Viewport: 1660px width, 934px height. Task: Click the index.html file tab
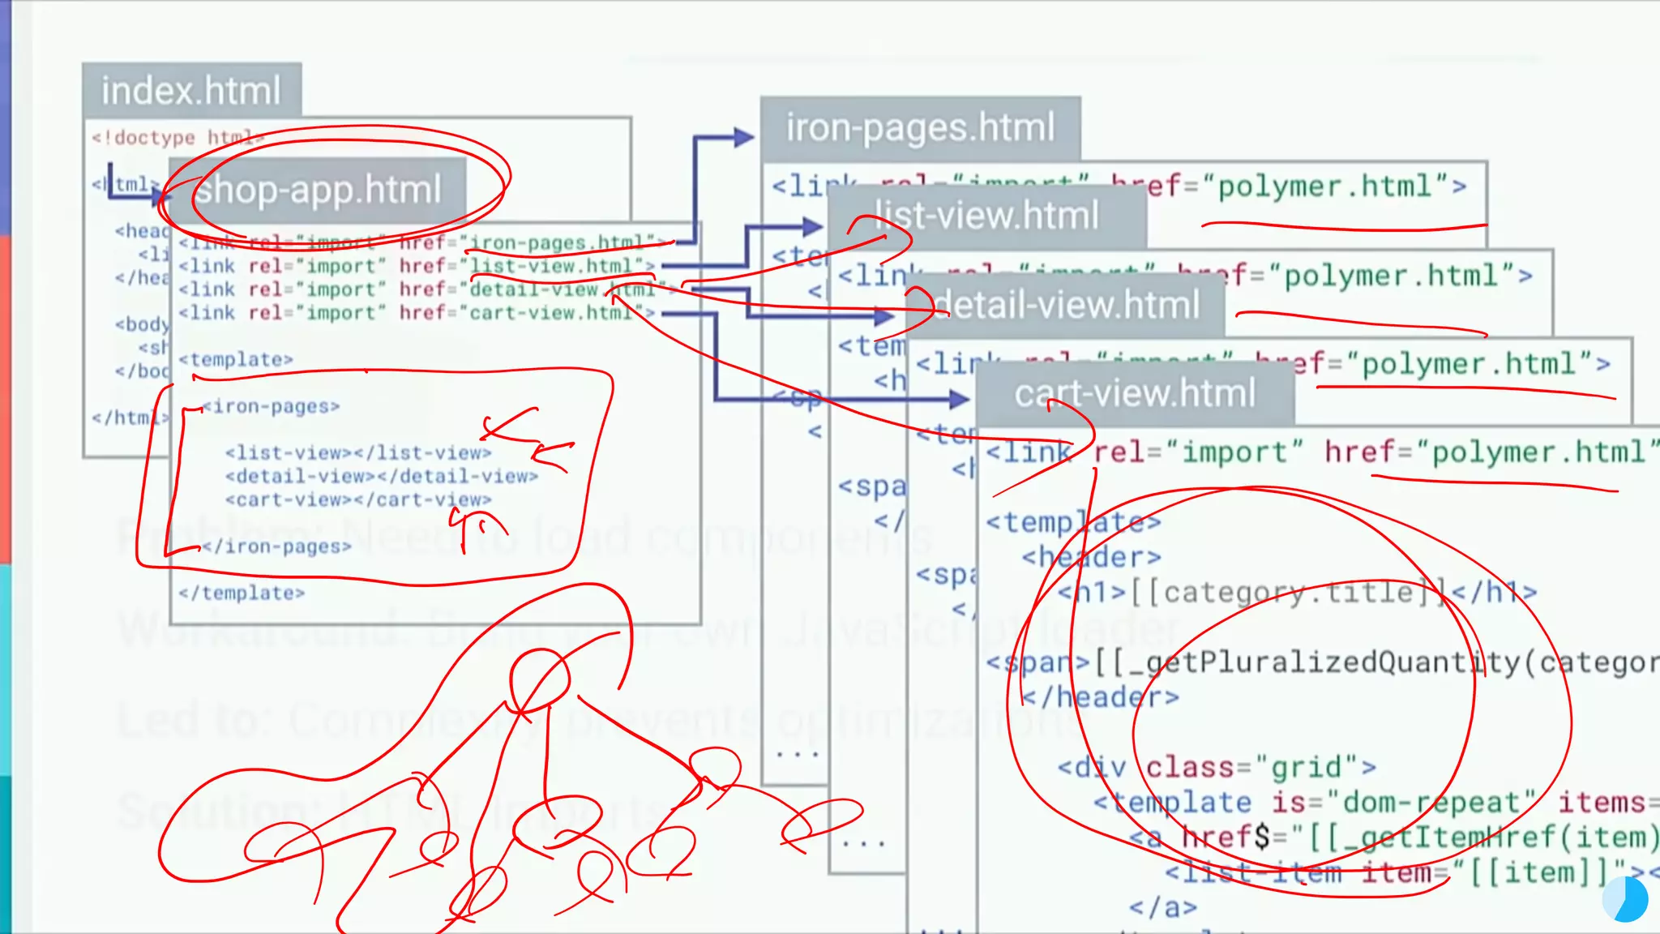point(191,90)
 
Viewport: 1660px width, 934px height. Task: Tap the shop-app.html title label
point(318,190)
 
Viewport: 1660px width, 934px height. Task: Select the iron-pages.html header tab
point(920,128)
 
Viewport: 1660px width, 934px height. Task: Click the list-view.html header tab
point(987,216)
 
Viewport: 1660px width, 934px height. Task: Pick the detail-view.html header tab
point(1067,306)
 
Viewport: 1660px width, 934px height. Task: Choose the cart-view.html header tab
point(1135,394)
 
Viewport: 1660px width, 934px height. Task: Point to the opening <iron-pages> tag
point(271,406)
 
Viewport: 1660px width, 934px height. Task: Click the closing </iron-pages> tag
point(276,546)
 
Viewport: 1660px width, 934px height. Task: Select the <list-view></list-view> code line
point(358,452)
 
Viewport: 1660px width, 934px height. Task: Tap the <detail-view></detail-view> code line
point(382,476)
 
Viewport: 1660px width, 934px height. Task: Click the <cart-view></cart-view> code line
point(358,499)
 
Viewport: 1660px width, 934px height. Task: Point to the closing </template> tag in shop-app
point(242,593)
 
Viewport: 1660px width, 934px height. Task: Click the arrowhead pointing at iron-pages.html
point(744,137)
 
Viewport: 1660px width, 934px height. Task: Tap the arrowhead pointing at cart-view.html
point(960,398)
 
